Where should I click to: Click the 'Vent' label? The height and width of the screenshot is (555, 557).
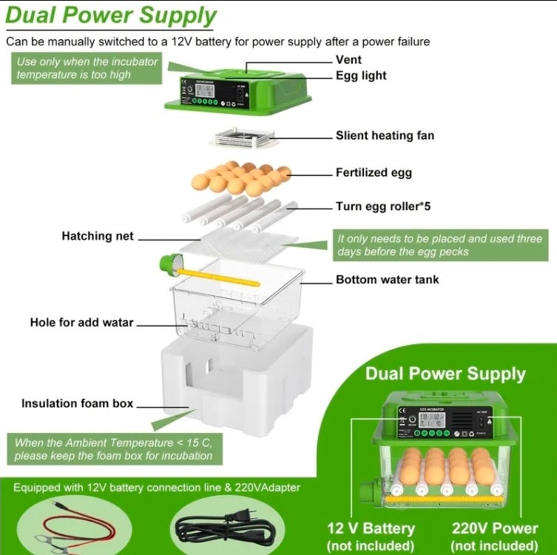pyautogui.click(x=348, y=59)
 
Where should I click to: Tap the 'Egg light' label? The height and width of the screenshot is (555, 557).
pyautogui.click(x=361, y=75)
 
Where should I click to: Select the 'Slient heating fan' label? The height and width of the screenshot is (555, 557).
pyautogui.click(x=385, y=135)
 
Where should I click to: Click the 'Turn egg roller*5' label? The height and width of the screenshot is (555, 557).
pyautogui.click(x=383, y=206)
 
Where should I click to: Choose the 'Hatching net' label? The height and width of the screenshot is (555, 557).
pyautogui.click(x=98, y=236)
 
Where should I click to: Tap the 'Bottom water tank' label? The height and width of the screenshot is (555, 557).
pyautogui.click(x=387, y=280)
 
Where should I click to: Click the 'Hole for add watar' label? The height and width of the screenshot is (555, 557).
pyautogui.click(x=82, y=323)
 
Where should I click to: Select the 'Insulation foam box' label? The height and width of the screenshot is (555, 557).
pyautogui.click(x=78, y=403)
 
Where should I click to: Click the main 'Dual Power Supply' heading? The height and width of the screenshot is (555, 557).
pyautogui.click(x=112, y=16)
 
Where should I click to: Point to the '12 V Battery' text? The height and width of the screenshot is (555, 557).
pyautogui.click(x=370, y=528)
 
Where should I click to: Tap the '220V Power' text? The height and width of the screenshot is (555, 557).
pyautogui.click(x=494, y=528)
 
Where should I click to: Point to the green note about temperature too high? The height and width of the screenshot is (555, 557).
pyautogui.click(x=87, y=68)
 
